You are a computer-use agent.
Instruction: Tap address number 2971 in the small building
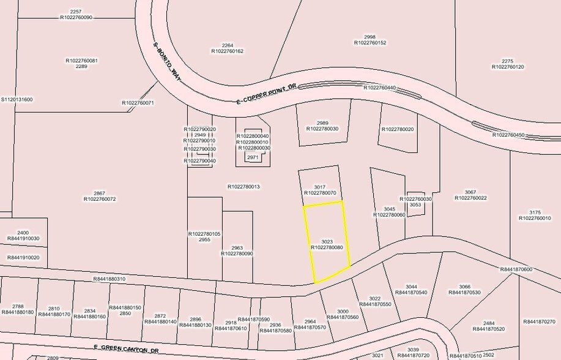[253, 157]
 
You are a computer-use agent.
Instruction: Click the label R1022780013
[243, 187]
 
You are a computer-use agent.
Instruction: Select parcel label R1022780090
[237, 253]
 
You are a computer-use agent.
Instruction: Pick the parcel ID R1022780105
[204, 234]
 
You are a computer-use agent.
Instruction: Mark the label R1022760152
[370, 42]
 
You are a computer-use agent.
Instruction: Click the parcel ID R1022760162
[227, 51]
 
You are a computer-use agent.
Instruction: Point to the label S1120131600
[17, 99]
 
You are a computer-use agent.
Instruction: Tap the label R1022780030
[322, 129]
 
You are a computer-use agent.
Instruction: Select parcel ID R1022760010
[535, 218]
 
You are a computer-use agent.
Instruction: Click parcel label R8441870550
[376, 304]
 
